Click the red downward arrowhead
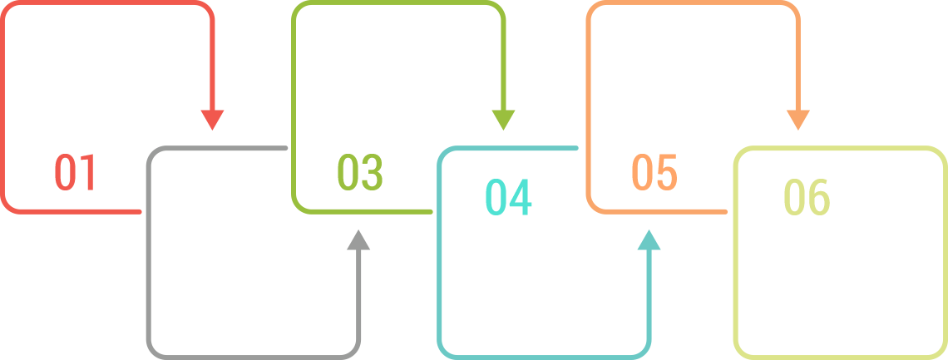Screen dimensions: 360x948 pos(213,120)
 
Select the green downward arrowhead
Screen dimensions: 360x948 pos(502,120)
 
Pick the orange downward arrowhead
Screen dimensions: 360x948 pos(797,120)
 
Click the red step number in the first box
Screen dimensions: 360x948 pos(73,173)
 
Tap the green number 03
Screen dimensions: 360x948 pos(360,173)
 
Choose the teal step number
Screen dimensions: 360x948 pos(508,198)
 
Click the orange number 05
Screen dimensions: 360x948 pos(654,173)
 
